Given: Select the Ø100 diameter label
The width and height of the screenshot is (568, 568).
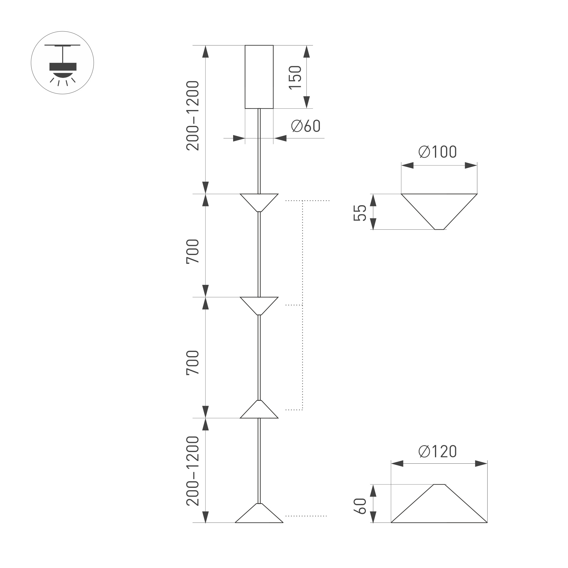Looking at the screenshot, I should click(438, 152).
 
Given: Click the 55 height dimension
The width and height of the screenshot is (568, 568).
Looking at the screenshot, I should click(360, 213).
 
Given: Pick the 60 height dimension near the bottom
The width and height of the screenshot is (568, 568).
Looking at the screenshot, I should click(360, 507).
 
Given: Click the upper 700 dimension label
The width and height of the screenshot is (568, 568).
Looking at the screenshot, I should click(192, 252).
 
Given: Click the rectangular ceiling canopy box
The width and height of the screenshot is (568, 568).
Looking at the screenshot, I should click(259, 77).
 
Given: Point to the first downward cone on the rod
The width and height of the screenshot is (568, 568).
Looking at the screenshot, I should click(259, 201).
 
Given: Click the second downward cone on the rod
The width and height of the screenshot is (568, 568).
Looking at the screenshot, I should click(259, 304).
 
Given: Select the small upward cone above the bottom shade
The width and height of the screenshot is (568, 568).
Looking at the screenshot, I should click(259, 411).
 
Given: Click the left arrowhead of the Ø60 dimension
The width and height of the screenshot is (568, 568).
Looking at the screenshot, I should click(239, 138).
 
